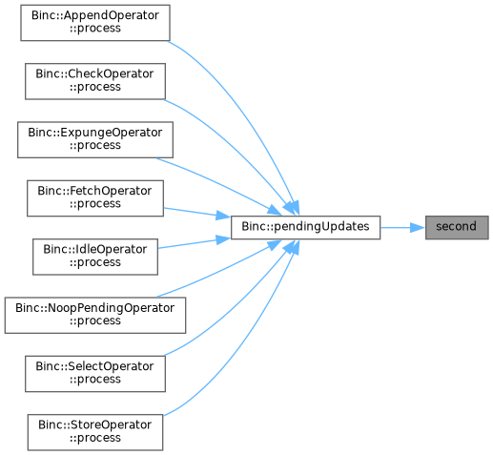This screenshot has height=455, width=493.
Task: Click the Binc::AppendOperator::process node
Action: [x=95, y=23]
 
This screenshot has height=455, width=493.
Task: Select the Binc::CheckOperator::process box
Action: [x=95, y=81]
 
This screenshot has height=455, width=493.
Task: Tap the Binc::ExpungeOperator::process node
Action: [x=95, y=139]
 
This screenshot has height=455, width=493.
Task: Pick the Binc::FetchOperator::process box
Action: [x=95, y=198]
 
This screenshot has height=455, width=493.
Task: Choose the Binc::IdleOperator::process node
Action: [x=95, y=257]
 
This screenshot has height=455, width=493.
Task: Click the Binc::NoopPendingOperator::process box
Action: [x=95, y=316]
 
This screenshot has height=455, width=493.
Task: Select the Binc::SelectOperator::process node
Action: [x=95, y=374]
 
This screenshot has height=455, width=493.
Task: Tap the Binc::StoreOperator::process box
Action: [x=95, y=432]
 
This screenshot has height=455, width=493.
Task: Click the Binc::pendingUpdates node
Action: [x=305, y=228]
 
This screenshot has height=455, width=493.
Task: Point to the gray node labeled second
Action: [x=457, y=228]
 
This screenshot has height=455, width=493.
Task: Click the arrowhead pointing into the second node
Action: [x=418, y=228]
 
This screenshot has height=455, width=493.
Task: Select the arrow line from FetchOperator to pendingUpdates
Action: [x=197, y=213]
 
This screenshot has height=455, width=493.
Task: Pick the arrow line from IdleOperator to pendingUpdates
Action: [x=195, y=243]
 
